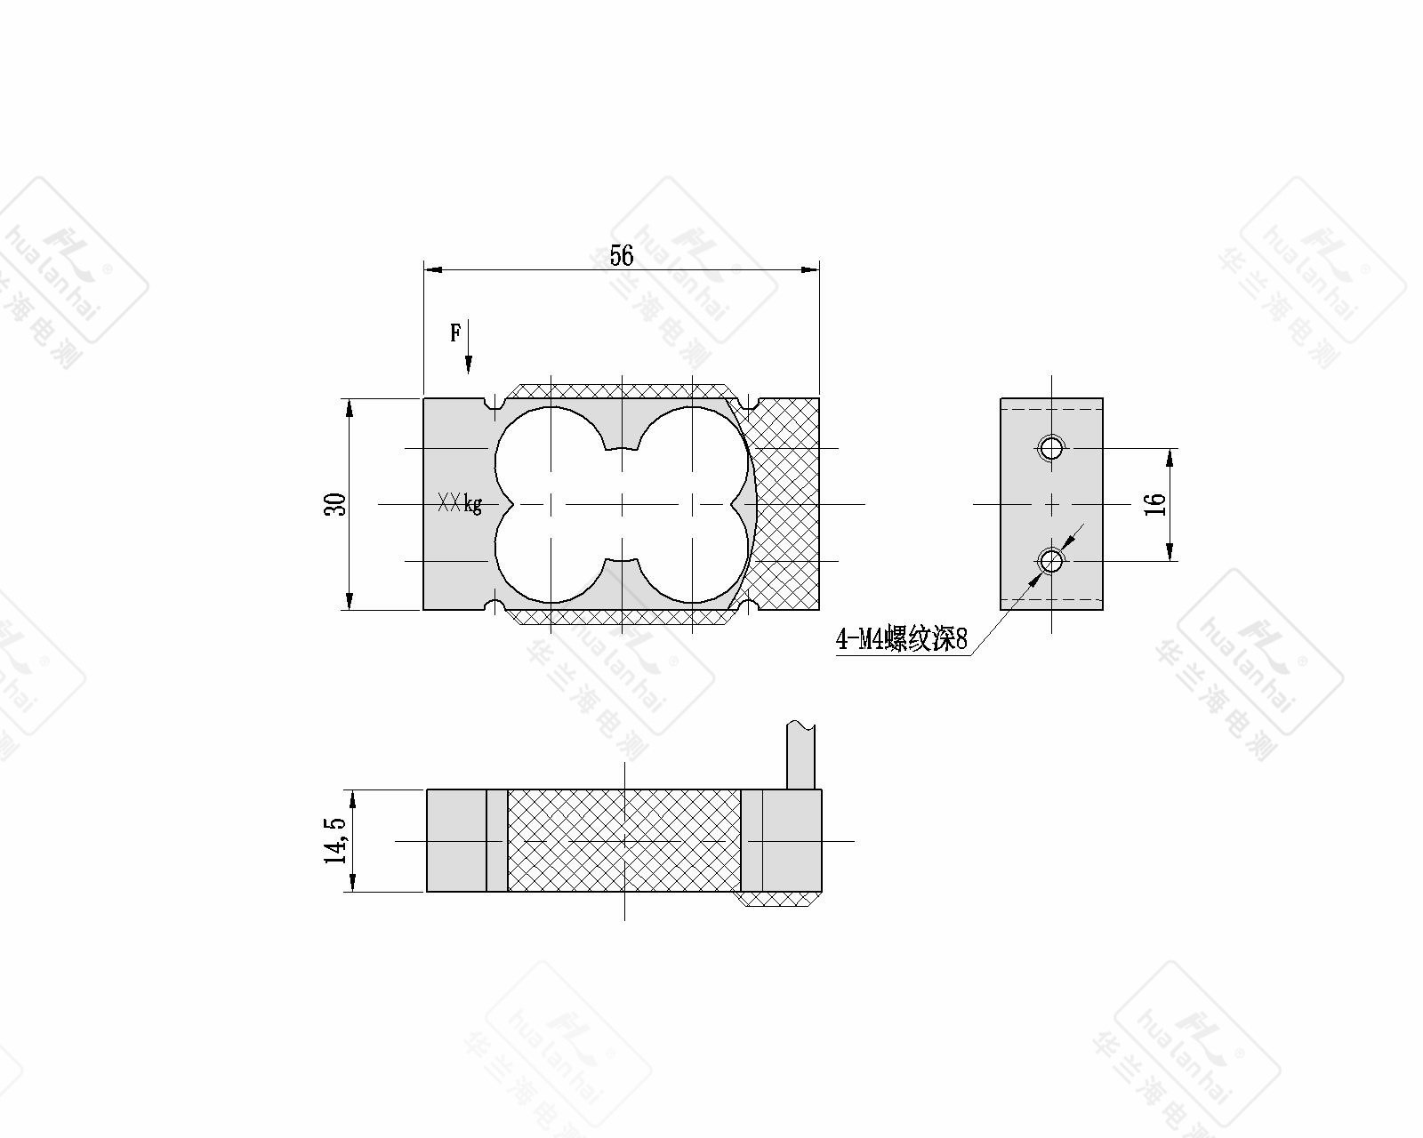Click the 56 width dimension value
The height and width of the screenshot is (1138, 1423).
coord(622,255)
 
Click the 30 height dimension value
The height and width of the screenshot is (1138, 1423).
coord(336,504)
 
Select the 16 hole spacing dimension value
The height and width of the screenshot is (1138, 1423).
coord(1154,504)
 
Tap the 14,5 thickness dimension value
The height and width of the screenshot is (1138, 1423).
coord(335,840)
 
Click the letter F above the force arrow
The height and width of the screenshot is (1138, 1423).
coord(455,333)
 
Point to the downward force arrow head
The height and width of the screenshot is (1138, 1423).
coord(469,365)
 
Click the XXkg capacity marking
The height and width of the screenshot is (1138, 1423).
coord(460,504)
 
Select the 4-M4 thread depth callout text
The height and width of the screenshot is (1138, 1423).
coord(901,638)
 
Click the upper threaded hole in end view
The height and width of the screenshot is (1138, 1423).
coord(1050,448)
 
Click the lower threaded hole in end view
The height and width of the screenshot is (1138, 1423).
coord(1050,561)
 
